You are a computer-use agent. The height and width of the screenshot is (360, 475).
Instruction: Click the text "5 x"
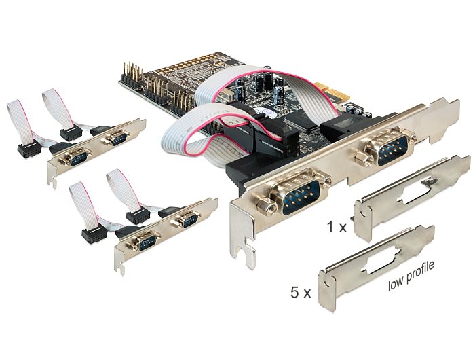click(x=299, y=293)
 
